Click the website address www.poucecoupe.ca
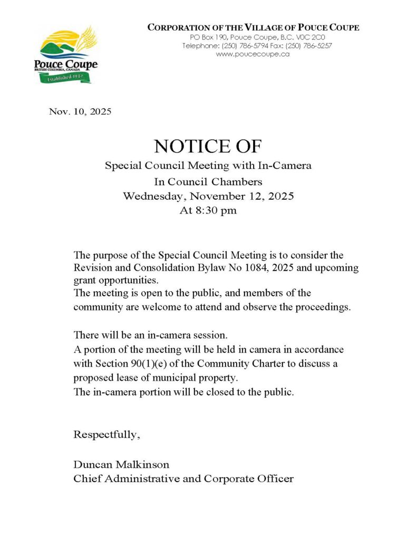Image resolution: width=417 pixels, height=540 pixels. click(253, 54)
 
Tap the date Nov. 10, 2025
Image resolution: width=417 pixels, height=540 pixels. click(80, 112)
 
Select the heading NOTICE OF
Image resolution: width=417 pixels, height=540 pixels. click(208, 146)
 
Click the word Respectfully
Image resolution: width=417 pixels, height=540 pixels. click(107, 435)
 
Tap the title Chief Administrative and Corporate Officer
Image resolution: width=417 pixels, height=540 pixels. click(183, 479)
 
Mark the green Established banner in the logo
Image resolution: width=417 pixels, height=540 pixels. click(65, 78)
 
